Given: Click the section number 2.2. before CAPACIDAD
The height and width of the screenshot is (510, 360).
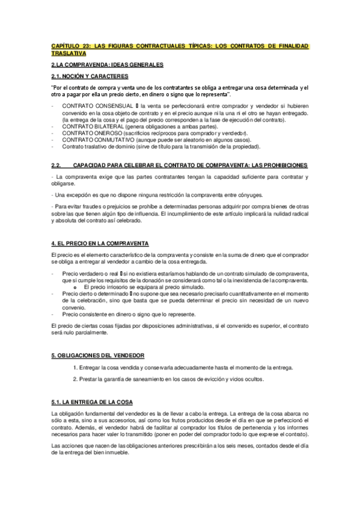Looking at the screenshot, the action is (58, 165).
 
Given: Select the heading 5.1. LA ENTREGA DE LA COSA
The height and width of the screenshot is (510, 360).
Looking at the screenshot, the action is (92, 402).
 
